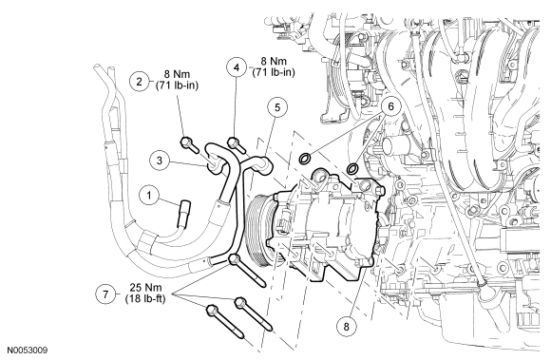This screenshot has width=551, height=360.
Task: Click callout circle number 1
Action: (x=149, y=196)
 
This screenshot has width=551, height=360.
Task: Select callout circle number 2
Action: (x=140, y=82)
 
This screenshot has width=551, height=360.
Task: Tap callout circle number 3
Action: (x=160, y=161)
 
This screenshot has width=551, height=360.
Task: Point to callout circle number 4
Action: (x=237, y=67)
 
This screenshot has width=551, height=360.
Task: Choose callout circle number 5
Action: (x=277, y=107)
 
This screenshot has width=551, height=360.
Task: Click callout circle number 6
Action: (x=391, y=106)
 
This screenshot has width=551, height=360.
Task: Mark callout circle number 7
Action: (x=106, y=294)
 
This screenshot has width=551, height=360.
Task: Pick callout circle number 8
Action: (x=347, y=327)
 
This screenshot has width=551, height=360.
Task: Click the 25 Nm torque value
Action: (x=145, y=288)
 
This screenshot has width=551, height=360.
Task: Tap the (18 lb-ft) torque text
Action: (x=145, y=299)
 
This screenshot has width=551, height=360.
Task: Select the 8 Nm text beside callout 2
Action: (x=177, y=74)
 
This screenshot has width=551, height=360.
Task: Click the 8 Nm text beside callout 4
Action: (x=274, y=61)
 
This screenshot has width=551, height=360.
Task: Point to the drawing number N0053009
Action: (x=28, y=351)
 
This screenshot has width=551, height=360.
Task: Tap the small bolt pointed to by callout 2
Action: (x=189, y=144)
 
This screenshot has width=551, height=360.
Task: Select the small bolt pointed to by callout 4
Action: (x=237, y=144)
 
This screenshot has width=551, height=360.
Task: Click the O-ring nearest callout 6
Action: (x=351, y=168)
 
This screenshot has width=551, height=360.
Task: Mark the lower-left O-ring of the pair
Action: (x=304, y=159)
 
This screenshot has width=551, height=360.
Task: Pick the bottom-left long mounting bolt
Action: (x=225, y=322)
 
